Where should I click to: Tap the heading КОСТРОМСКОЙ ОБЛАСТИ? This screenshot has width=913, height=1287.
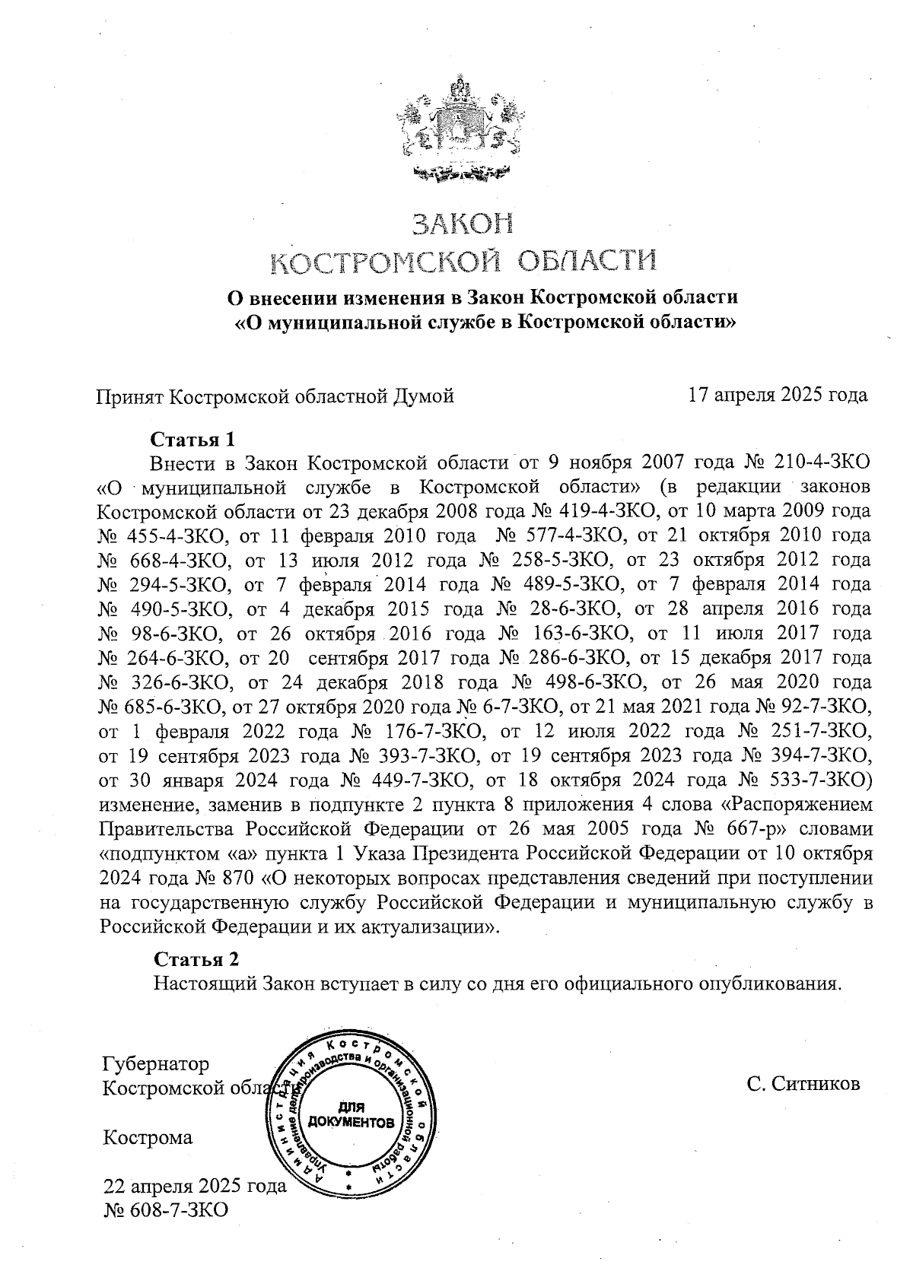pos(463,262)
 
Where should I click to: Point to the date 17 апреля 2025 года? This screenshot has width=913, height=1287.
pos(777,396)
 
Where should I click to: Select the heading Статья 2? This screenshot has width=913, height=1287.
pos(196,958)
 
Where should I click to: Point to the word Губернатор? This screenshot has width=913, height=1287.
pos(156,1063)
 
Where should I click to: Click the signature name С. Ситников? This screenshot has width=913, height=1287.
pos(803,1083)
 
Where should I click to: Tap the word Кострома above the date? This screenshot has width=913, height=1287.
pos(148,1138)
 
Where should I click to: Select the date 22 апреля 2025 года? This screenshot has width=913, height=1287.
pos(195,1186)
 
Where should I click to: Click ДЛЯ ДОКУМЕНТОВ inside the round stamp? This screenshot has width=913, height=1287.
pos(351,1115)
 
